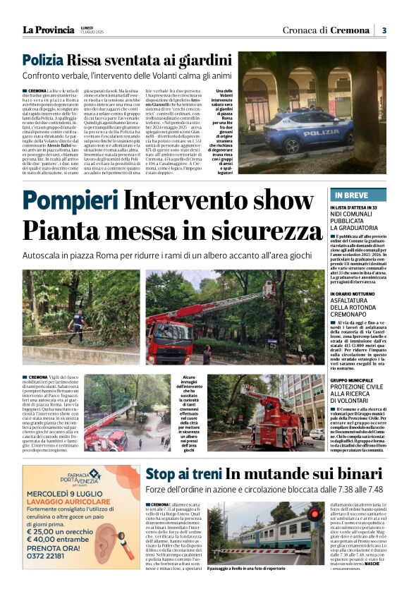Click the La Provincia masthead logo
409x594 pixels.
(48, 30)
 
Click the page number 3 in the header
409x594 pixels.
(384, 30)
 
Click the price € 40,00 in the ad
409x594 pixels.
(47, 536)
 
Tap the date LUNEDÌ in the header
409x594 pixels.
(87, 27)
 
